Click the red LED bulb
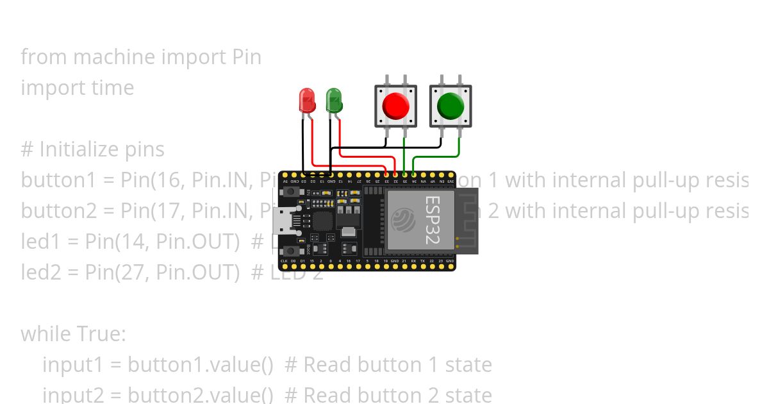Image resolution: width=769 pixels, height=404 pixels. tap(308, 99)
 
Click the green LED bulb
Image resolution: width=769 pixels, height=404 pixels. tap(334, 99)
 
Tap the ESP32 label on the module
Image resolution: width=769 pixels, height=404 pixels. tap(431, 220)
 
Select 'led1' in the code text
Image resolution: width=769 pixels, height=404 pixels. tap(41, 242)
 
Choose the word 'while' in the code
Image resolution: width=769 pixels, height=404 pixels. tap(46, 334)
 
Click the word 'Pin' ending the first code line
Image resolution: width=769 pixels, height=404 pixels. tap(246, 57)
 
